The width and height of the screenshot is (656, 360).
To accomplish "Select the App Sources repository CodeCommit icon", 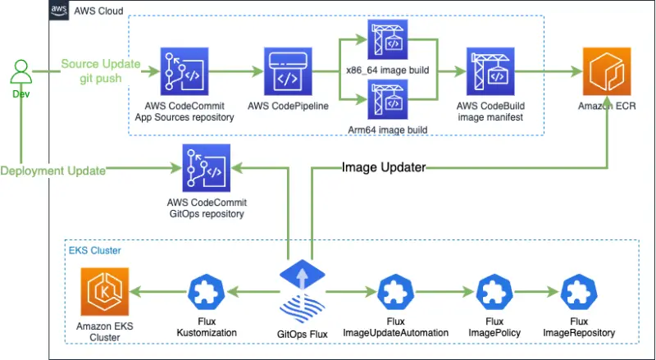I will (x=184, y=72).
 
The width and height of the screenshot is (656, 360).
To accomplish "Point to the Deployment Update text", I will (x=52, y=171).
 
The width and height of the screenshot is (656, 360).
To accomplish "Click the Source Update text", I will (x=99, y=65).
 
